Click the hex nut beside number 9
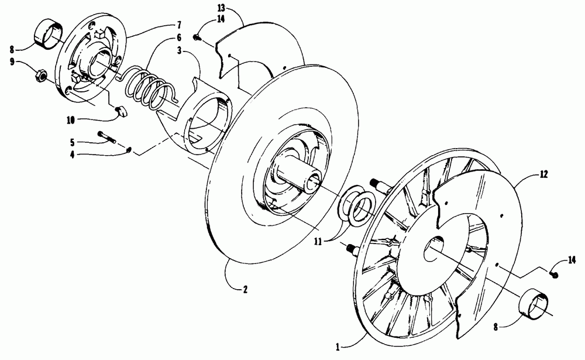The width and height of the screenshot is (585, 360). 40,74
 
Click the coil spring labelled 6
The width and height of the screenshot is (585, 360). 149,88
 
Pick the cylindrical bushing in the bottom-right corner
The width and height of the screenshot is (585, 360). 534,305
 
